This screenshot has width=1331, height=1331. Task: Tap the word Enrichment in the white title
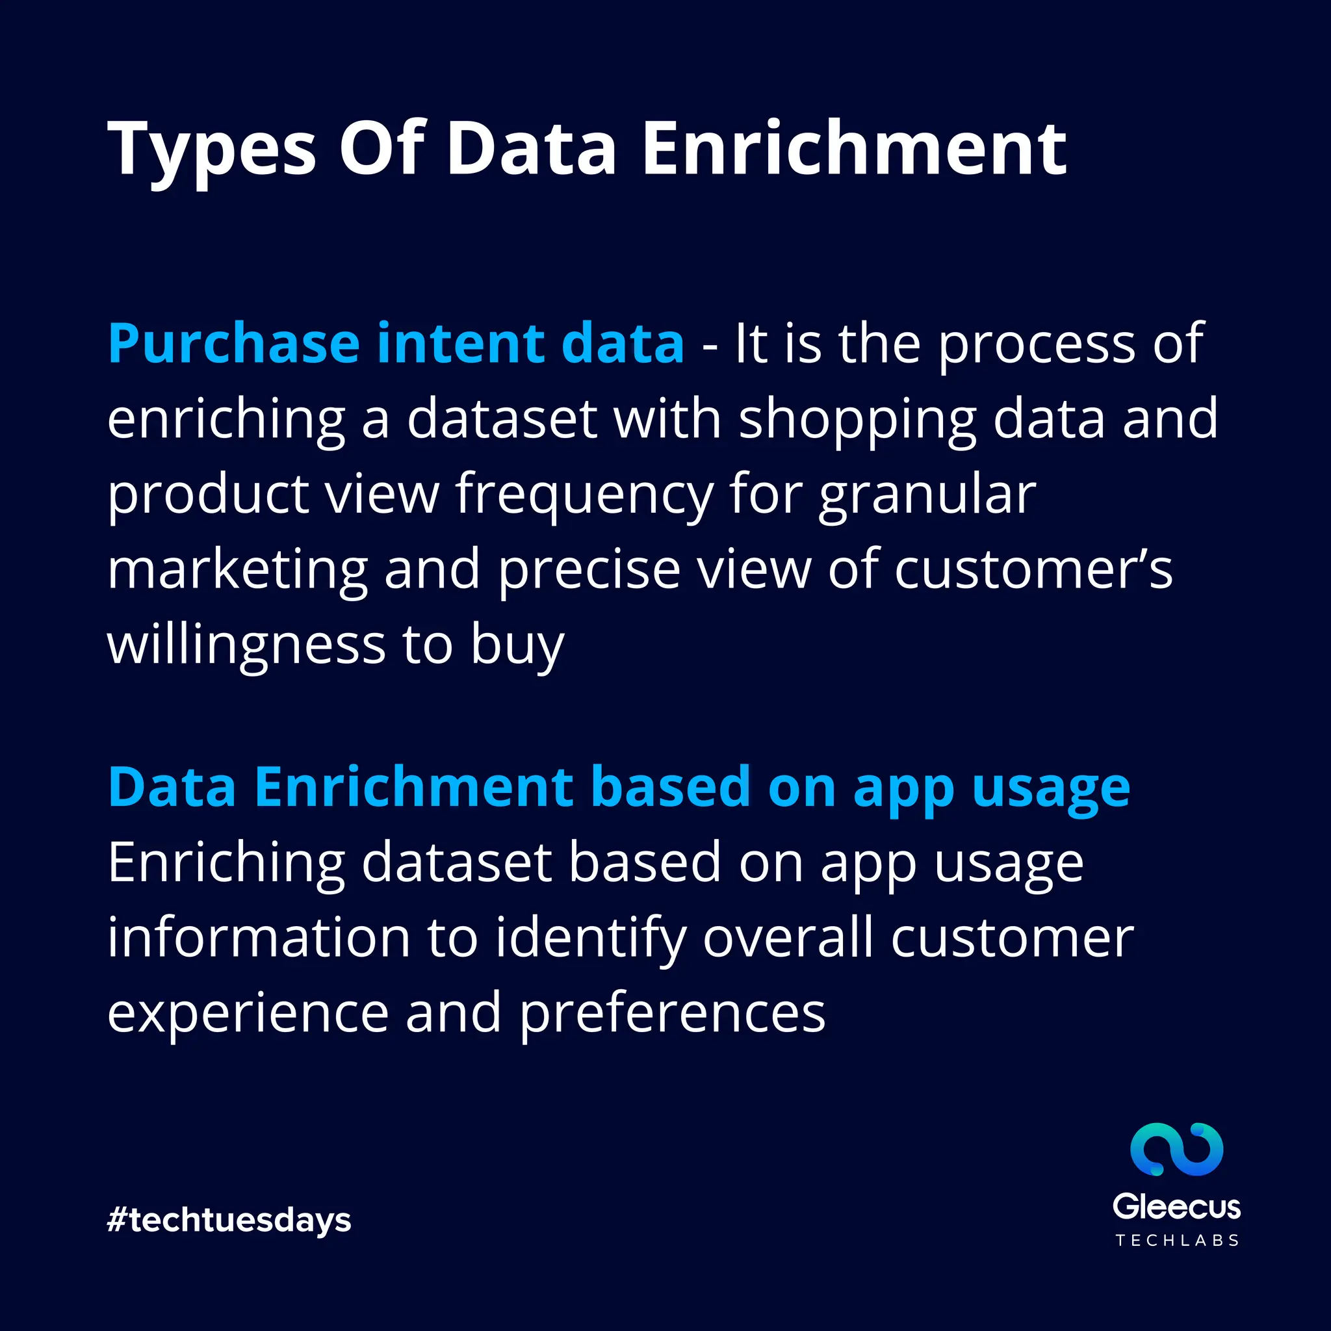point(854,148)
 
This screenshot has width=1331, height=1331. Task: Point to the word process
point(1037,344)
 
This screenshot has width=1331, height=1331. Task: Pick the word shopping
point(858,420)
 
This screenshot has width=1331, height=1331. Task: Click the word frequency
point(584,495)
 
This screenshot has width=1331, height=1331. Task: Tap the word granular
point(927,495)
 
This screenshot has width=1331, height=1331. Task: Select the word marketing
point(238,571)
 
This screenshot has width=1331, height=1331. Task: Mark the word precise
point(589,571)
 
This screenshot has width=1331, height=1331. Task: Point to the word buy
point(517,645)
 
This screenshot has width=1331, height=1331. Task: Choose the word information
point(259,938)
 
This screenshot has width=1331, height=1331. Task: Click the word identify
point(591,938)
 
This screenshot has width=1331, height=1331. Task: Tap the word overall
point(788,938)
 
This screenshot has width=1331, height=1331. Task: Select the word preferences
point(672,1013)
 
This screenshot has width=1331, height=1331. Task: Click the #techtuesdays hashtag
point(229,1220)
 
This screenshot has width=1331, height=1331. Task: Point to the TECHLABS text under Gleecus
point(1177,1241)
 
